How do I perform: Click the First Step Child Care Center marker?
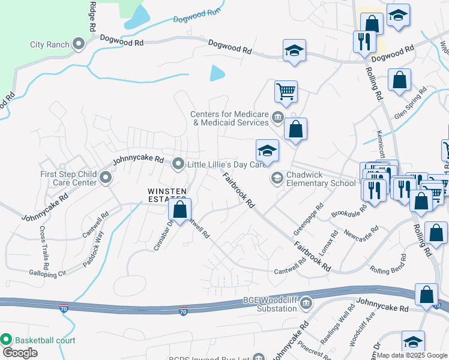coord(106,178)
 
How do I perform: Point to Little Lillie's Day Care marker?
coord(178,163)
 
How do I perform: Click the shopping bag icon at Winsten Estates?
coord(179,209)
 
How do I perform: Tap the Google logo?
coord(20,353)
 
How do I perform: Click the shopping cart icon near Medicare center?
coord(286,92)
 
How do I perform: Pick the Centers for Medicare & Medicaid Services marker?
coord(277,117)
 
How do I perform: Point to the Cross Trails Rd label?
coord(44,247)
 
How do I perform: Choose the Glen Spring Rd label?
coord(410,104)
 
